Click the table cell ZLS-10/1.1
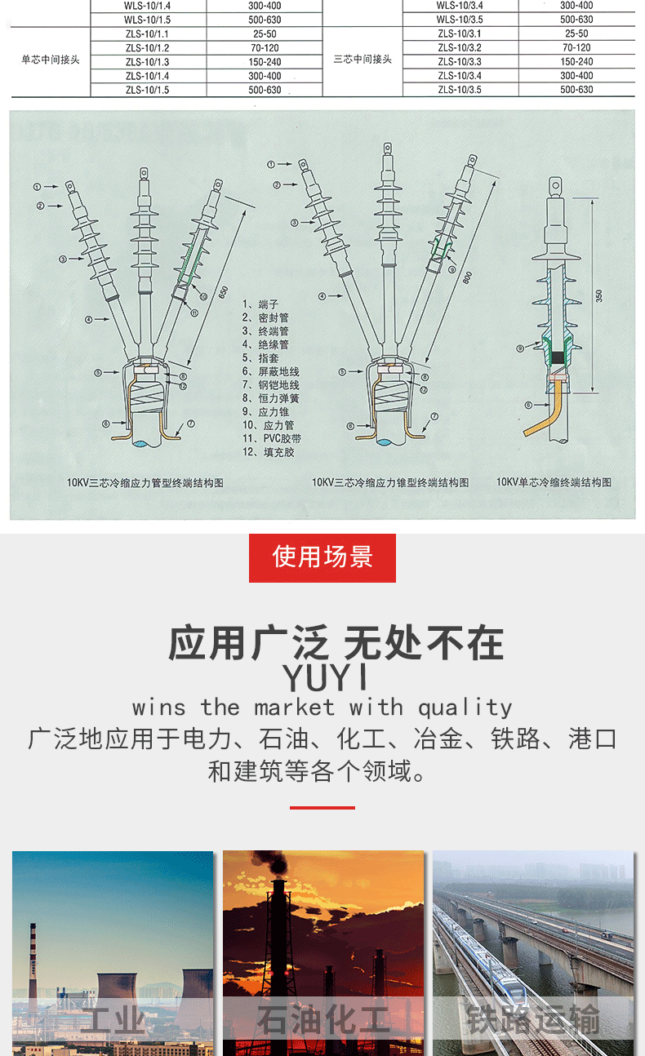coord(147,34)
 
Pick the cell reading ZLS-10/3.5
coord(459,90)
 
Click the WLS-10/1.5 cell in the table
coord(147,20)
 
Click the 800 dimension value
coord(467,277)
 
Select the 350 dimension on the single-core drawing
coord(600,295)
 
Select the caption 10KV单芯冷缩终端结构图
coord(554,483)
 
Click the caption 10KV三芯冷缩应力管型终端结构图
coord(145,483)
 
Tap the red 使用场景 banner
coord(322,557)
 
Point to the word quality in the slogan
coord(465,707)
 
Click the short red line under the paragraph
coord(322,807)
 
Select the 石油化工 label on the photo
coord(323,1020)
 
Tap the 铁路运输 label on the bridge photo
coord(532,1020)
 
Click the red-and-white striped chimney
coord(33,963)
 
